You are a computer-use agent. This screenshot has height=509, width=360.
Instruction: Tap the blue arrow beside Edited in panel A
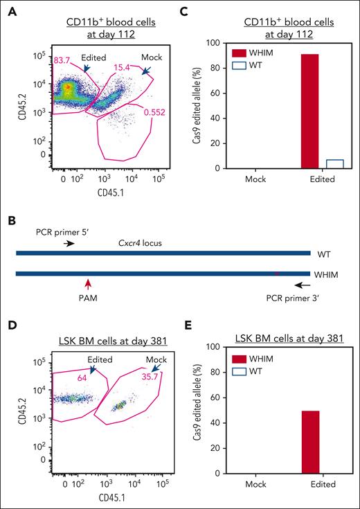click(x=87, y=67)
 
